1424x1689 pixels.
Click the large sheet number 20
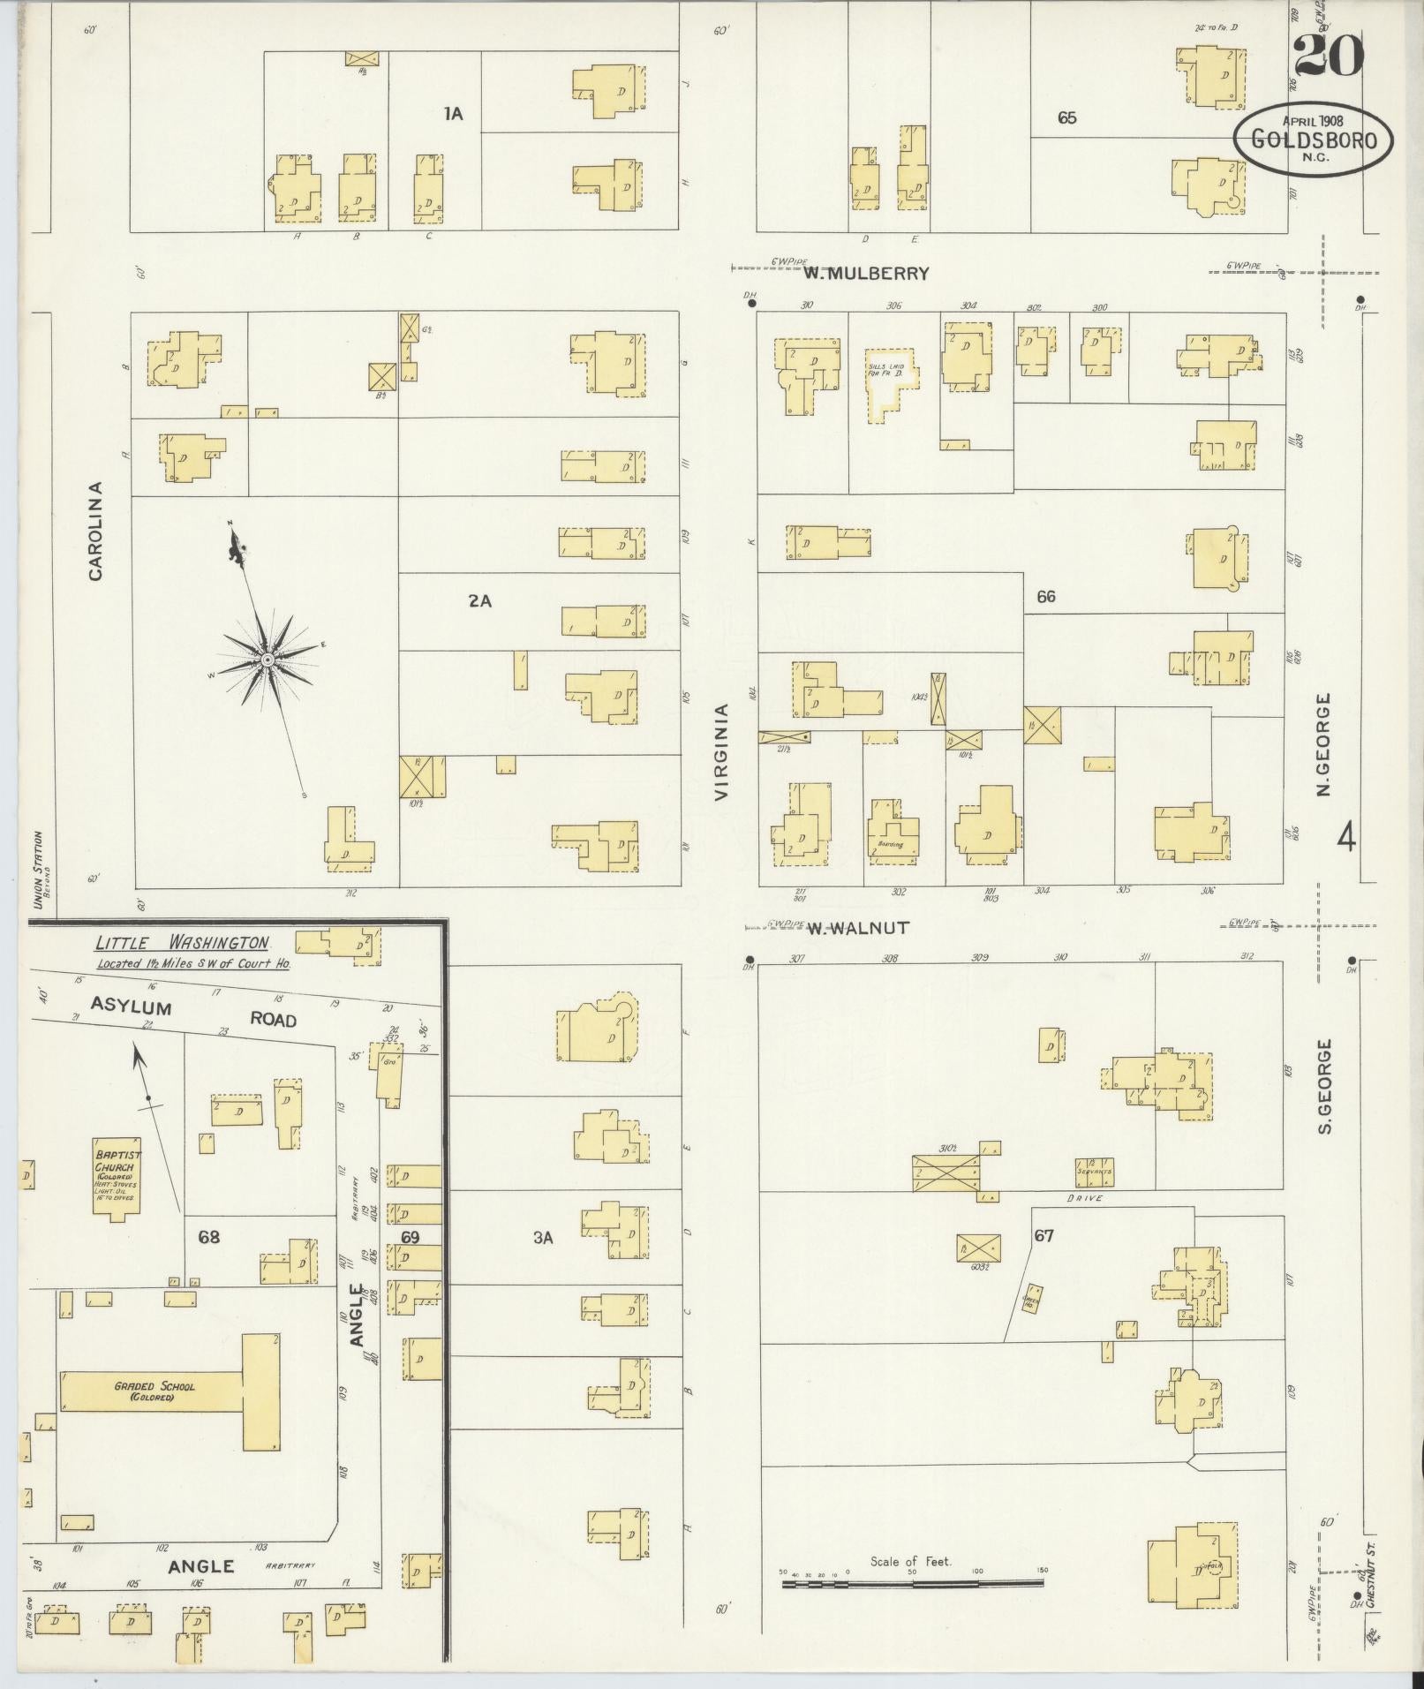1329,57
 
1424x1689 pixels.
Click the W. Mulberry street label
866,274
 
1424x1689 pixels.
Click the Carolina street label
95,531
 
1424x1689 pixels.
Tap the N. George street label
1322,745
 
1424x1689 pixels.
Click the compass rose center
266,659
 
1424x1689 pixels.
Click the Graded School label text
154,1392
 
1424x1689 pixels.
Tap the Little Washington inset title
182,944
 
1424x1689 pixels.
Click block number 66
1045,597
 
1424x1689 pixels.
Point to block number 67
1044,1236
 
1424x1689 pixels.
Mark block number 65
1066,117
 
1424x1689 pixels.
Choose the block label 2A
479,601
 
